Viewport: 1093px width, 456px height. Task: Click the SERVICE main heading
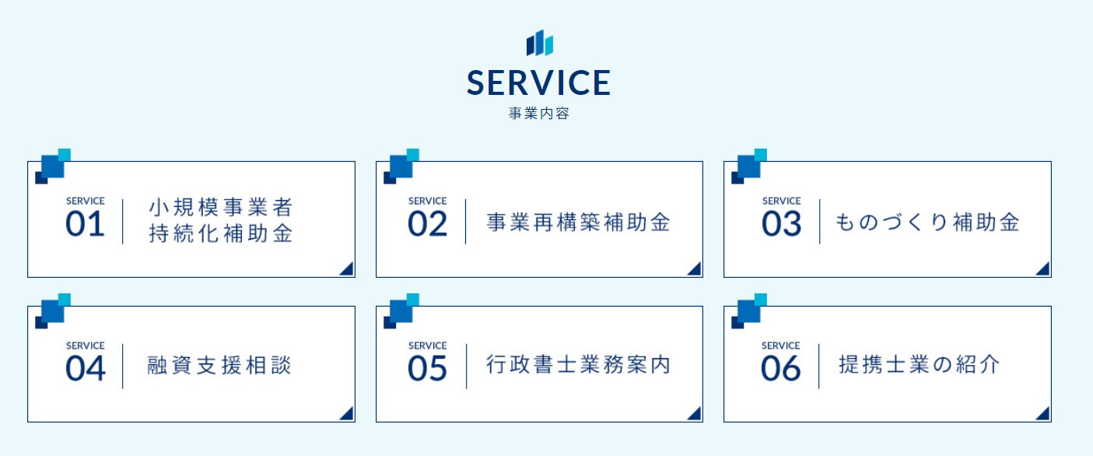pyautogui.click(x=538, y=82)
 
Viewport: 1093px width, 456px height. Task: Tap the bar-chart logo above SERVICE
pyautogui.click(x=539, y=43)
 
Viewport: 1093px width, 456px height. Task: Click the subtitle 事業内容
pyautogui.click(x=538, y=114)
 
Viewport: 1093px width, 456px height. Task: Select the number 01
pyautogui.click(x=85, y=224)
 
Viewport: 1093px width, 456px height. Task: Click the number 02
pyautogui.click(x=427, y=224)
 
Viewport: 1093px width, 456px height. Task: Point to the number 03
pyautogui.click(x=781, y=224)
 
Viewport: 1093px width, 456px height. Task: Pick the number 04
pyautogui.click(x=86, y=369)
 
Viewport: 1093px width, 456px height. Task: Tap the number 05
pyautogui.click(x=427, y=369)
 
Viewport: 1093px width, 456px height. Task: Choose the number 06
pyautogui.click(x=781, y=369)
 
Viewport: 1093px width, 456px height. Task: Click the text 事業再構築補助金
pyautogui.click(x=578, y=222)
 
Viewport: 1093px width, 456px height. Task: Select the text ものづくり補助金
pyautogui.click(x=927, y=222)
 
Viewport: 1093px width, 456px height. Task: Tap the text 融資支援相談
pyautogui.click(x=219, y=365)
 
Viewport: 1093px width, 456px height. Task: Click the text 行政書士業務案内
pyautogui.click(x=578, y=365)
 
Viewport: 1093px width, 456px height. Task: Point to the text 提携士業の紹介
pyautogui.click(x=920, y=365)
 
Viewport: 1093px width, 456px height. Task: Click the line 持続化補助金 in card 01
pyautogui.click(x=221, y=233)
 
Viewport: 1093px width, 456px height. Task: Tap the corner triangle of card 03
pyautogui.click(x=1042, y=269)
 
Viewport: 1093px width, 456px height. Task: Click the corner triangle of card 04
pyautogui.click(x=346, y=413)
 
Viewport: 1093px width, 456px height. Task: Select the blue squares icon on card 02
pyautogui.click(x=401, y=167)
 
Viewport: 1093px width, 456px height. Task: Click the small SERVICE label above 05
pyautogui.click(x=427, y=346)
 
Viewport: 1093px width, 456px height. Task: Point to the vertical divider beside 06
pyautogui.click(x=818, y=367)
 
